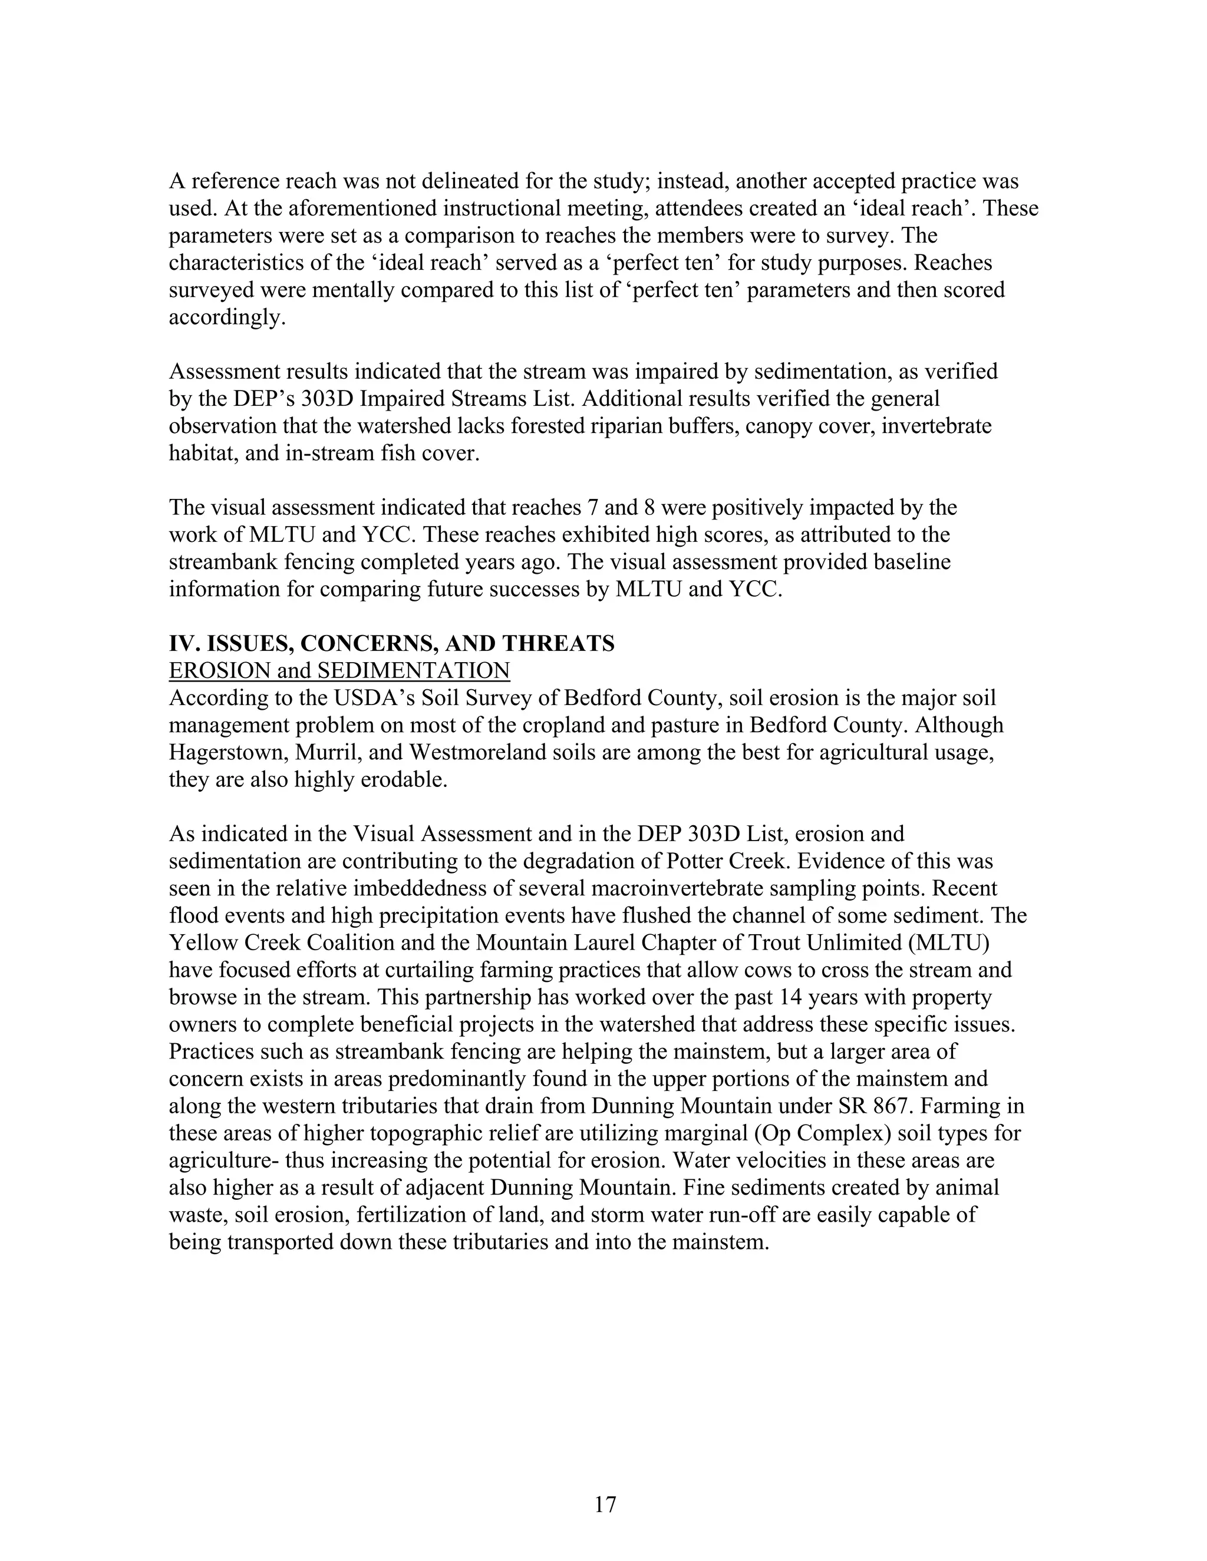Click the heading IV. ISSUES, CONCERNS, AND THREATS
pos(391,643)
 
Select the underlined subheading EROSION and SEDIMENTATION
pos(339,670)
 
